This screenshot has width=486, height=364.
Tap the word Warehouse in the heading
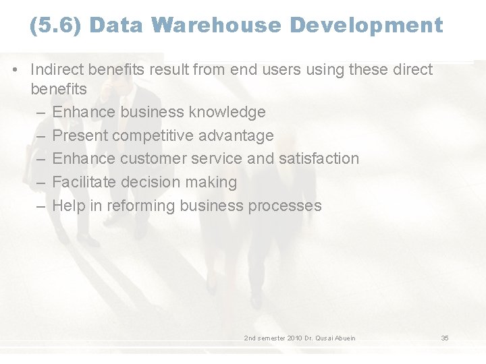pos(216,26)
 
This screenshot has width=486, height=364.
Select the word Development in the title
pos(367,26)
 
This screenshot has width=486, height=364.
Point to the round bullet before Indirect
pos(16,69)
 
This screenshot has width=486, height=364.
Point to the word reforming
pos(140,206)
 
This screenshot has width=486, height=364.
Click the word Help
pos(68,206)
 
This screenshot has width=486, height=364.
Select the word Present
pos(80,135)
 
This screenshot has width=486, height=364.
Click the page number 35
pos(445,338)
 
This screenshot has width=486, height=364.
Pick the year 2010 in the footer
pos(294,338)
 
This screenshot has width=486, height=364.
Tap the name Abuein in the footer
pos(344,338)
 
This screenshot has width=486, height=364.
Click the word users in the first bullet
pos(286,69)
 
